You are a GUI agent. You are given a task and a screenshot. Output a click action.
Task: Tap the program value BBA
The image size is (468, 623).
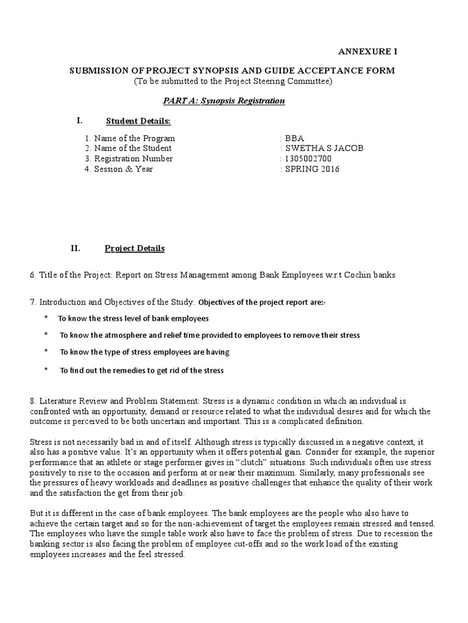click(294, 138)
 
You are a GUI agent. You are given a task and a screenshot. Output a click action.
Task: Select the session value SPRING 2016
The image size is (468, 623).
click(312, 169)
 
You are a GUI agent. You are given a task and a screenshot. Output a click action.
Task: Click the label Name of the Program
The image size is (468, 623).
click(134, 138)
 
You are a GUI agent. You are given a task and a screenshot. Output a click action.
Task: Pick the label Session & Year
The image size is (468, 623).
click(123, 169)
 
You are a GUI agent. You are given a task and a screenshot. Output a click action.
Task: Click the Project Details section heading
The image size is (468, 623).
click(135, 248)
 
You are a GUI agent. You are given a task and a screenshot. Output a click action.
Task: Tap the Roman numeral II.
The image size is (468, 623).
click(76, 248)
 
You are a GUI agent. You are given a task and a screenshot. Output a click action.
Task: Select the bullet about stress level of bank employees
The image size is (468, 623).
click(133, 318)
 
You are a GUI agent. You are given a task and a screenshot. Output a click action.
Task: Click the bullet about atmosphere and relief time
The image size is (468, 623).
click(209, 335)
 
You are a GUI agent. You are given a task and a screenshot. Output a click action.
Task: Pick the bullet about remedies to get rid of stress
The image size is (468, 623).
click(141, 370)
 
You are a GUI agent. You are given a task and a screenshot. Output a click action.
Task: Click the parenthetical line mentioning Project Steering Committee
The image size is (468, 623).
click(234, 81)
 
